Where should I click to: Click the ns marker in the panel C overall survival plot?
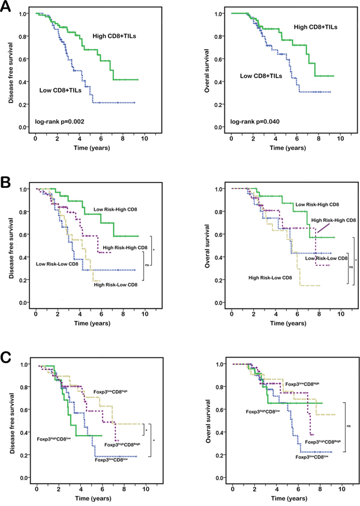(351, 426)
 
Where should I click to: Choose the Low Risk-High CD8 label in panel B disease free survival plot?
(116, 210)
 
